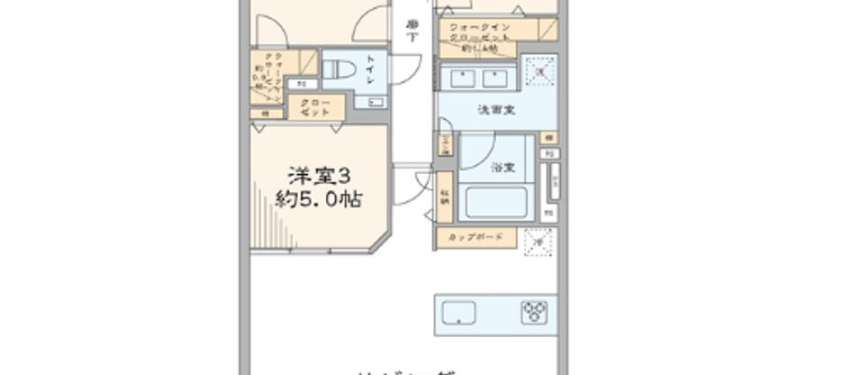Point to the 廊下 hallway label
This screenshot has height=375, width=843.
pyautogui.click(x=412, y=31)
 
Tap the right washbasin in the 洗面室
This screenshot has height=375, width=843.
pyautogui.click(x=496, y=79)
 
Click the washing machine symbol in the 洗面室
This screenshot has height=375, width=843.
pyautogui.click(x=539, y=72)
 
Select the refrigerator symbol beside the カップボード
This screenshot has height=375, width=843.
pyautogui.click(x=539, y=241)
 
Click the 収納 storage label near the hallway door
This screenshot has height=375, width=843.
pyautogui.click(x=446, y=200)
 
